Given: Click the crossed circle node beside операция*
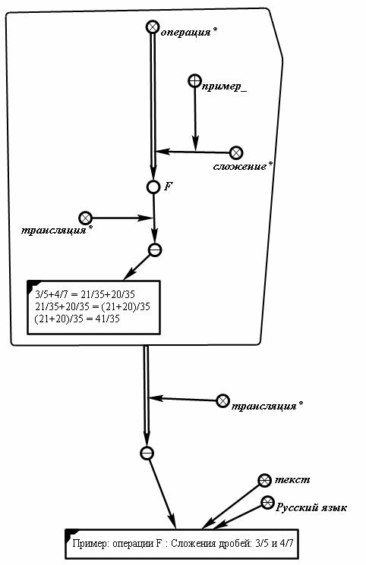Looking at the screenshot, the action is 153,27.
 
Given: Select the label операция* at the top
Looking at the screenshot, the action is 189,33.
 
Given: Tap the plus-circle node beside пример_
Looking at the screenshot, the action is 195,81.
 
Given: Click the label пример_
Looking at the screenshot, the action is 225,87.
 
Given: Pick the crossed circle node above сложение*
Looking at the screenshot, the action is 236,152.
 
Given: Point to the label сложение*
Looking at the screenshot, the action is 242,167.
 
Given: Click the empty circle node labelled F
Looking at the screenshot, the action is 153,187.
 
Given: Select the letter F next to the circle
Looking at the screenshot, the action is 169,187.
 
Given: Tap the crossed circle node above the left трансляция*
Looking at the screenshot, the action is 86,218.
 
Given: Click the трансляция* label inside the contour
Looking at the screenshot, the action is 57,231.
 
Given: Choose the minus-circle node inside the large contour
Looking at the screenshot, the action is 155,250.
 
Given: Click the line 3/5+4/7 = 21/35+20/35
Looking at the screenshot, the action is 85,295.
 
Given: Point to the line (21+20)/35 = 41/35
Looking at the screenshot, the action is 77,319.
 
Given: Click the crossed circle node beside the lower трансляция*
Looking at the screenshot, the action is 222,401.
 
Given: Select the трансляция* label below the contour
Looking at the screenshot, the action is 267,406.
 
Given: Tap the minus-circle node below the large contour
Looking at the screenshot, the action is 147,453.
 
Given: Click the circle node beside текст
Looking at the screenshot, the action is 264,480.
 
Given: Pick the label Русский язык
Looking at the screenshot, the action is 311,507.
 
